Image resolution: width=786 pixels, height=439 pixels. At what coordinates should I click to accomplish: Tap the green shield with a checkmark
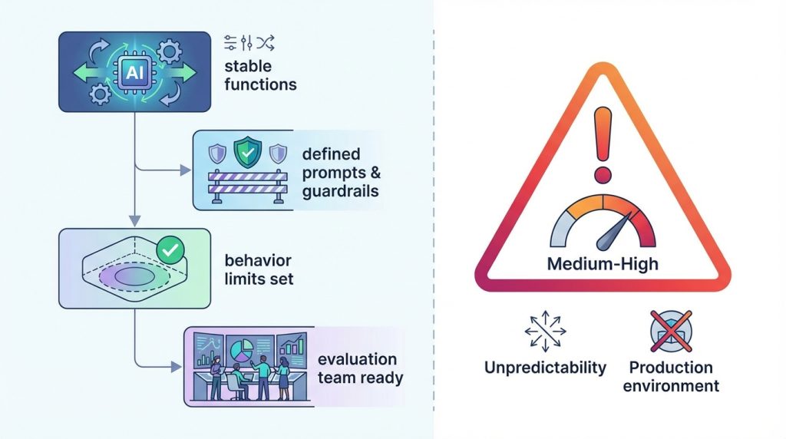point(246,152)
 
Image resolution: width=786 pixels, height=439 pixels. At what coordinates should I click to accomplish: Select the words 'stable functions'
point(260,75)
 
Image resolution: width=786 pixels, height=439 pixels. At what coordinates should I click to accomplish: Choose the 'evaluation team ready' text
point(358,368)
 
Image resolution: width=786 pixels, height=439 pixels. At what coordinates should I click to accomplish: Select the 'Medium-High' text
point(603,265)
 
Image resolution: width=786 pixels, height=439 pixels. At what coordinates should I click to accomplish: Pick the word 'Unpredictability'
point(544,367)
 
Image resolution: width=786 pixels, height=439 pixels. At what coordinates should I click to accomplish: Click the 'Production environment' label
point(671,376)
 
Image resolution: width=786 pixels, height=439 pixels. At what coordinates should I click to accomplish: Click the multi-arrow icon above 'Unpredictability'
point(543,329)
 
